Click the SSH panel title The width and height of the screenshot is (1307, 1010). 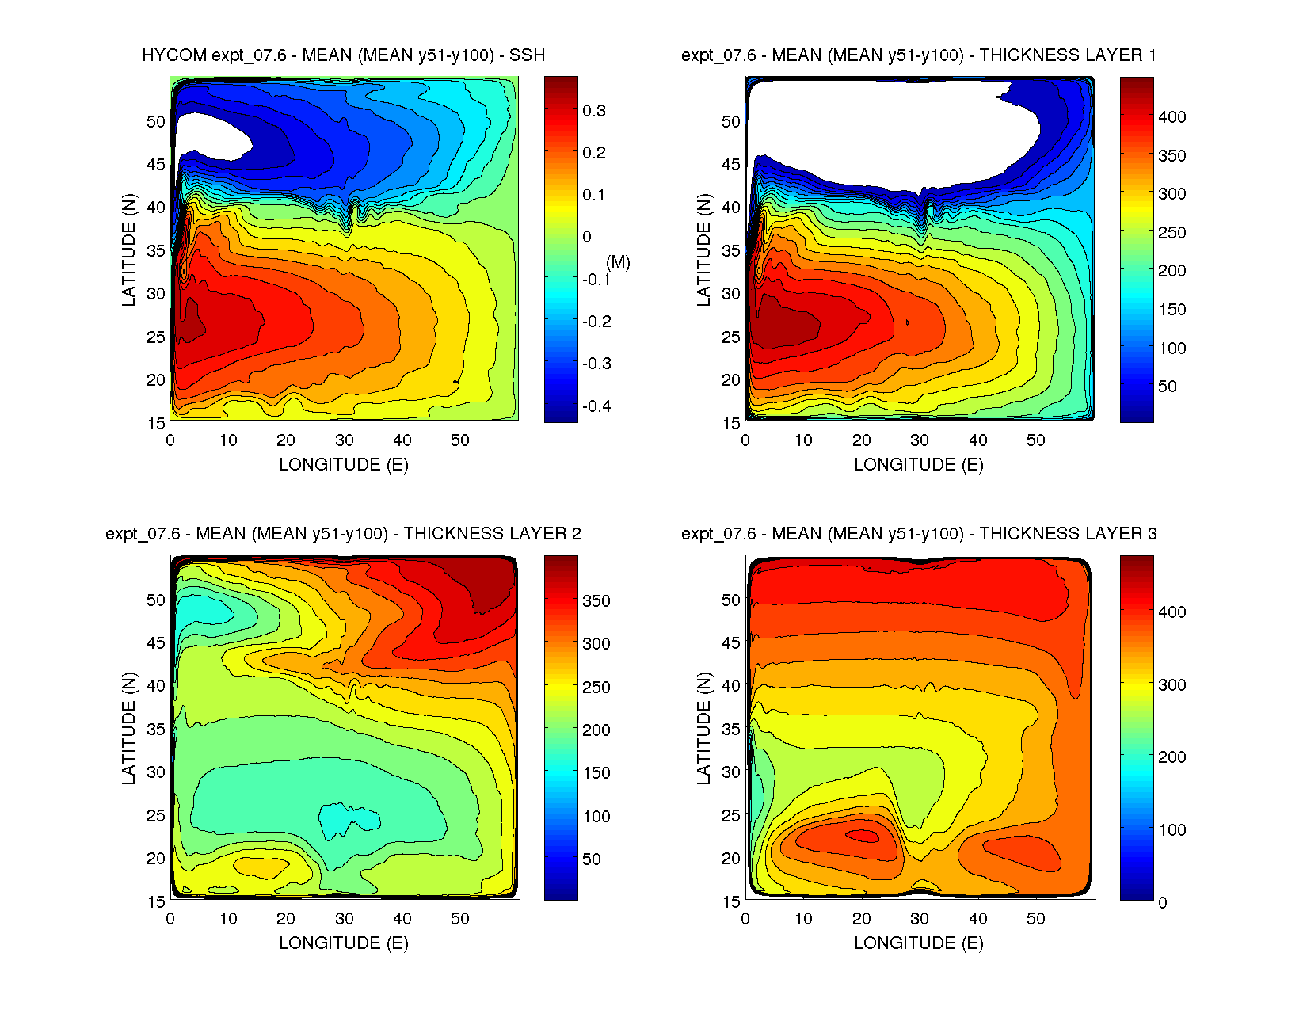344,55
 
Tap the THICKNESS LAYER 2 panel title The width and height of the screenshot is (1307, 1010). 344,534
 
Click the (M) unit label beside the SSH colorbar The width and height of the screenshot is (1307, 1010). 618,262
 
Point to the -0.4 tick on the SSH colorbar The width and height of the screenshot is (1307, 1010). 596,406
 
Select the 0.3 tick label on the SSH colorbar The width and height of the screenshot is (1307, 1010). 594,111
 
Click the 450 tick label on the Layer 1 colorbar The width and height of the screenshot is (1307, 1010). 1172,79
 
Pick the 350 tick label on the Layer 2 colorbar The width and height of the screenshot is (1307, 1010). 596,600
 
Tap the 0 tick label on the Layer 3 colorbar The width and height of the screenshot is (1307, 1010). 1162,902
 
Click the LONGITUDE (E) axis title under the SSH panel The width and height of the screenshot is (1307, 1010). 344,465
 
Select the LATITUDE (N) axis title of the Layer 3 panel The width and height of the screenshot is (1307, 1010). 703,728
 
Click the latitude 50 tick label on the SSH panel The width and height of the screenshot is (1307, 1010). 156,121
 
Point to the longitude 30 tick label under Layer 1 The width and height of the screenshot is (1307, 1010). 920,440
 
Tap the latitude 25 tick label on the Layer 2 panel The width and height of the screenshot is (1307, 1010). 156,815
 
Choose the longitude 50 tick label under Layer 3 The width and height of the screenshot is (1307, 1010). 1035,919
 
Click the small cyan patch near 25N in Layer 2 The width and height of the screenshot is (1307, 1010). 349,819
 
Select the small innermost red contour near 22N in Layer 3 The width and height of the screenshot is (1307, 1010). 863,834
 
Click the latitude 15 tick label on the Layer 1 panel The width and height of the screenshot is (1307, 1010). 731,423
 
